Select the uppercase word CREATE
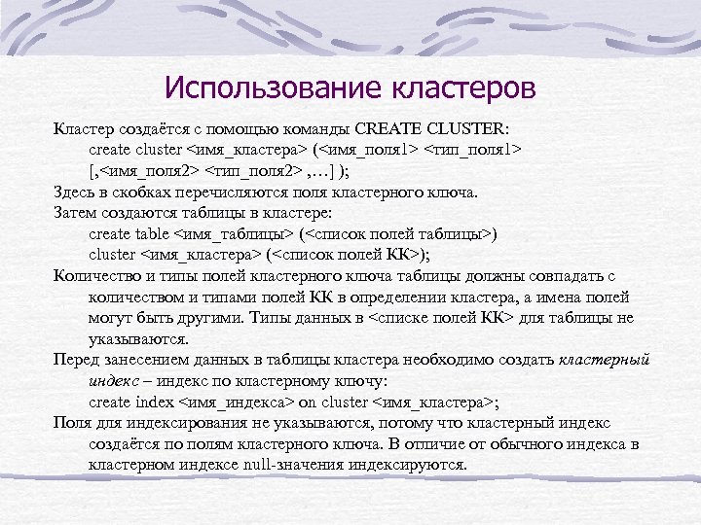[387, 128]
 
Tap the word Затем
[74, 213]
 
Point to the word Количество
[92, 276]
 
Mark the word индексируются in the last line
[411, 465]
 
